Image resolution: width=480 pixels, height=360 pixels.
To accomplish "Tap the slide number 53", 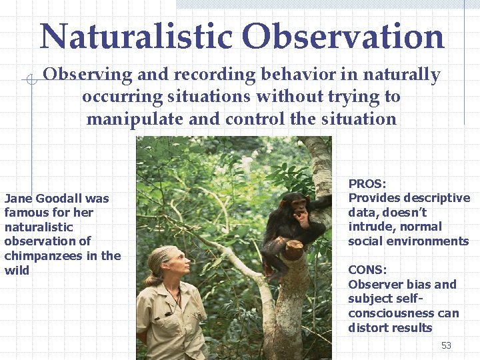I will point(446,345).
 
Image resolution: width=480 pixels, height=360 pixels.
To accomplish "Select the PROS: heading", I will point(367,183).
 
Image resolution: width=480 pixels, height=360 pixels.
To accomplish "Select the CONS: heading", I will point(367,270).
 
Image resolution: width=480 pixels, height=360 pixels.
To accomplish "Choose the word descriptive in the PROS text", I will point(436,198).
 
